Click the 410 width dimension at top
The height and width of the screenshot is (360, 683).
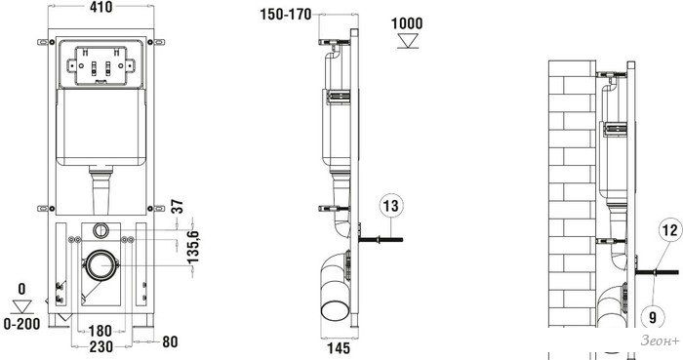click(101, 7)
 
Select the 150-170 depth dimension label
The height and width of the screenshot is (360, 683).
click(286, 15)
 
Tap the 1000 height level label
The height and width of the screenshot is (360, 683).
click(407, 23)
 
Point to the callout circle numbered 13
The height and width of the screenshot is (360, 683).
click(391, 206)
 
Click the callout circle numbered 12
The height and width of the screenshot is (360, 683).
click(670, 229)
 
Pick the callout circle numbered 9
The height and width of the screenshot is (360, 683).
click(652, 316)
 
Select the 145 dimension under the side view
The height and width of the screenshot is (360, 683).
click(339, 348)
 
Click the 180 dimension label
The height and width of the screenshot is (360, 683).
click(100, 331)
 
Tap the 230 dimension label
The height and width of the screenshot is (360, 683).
click(101, 347)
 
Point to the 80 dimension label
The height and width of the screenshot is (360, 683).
click(170, 341)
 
